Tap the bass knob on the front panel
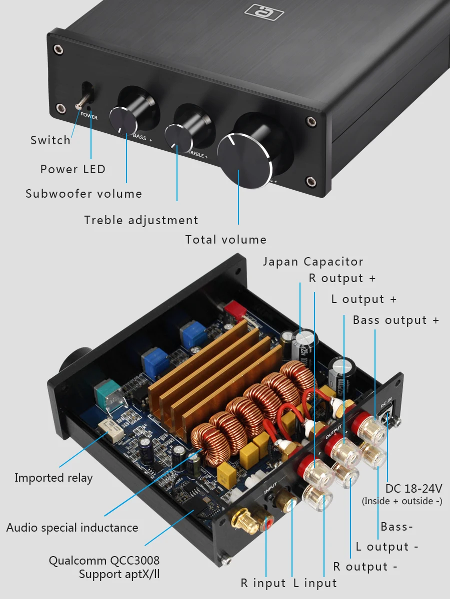click(x=124, y=119)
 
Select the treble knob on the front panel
click(x=179, y=136)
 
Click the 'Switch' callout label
click(x=50, y=140)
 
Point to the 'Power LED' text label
click(x=73, y=169)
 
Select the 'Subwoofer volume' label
click(x=84, y=194)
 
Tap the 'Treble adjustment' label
click(x=141, y=220)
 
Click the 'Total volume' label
click(x=226, y=240)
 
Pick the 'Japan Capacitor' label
click(x=313, y=262)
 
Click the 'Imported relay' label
click(x=53, y=478)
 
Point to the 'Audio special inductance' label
click(x=72, y=527)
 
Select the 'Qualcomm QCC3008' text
click(x=104, y=561)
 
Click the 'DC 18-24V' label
click(x=413, y=489)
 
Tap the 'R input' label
click(x=263, y=583)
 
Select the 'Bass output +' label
click(x=396, y=320)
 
